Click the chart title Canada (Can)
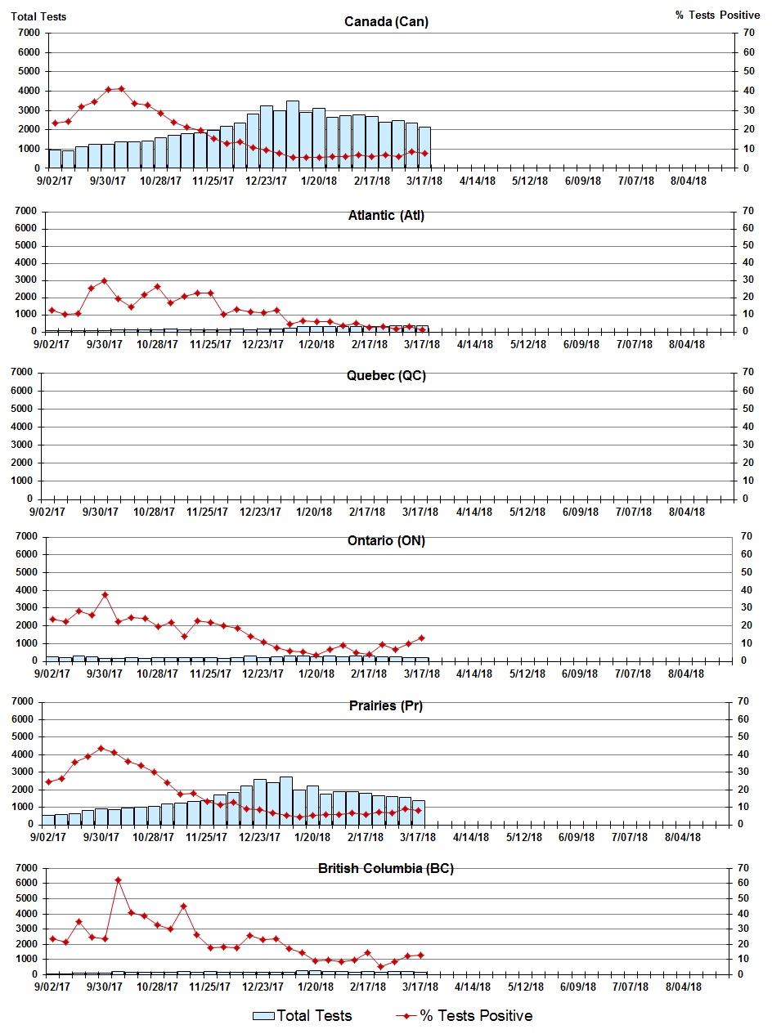(x=386, y=21)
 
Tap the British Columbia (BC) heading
(x=385, y=868)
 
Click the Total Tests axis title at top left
(x=38, y=16)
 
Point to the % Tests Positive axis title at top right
(x=717, y=16)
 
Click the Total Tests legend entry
(x=303, y=1016)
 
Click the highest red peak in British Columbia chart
(x=118, y=880)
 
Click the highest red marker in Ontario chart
(x=105, y=595)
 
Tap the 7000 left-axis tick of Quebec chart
(x=28, y=373)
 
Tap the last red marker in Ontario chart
(x=421, y=638)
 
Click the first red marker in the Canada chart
(x=55, y=123)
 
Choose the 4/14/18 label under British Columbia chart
(x=471, y=987)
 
